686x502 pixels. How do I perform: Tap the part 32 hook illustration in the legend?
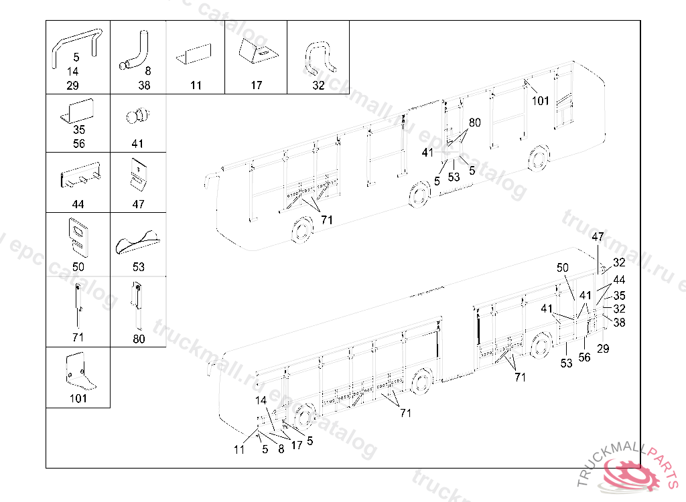pyautogui.click(x=320, y=58)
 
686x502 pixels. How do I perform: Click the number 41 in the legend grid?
pyautogui.click(x=138, y=144)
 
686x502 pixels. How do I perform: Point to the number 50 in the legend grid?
pyautogui.click(x=78, y=266)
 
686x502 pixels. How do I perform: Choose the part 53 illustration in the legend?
pyautogui.click(x=137, y=242)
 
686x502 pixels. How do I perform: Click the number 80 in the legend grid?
pyautogui.click(x=139, y=339)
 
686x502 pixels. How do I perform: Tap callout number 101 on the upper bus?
pyautogui.click(x=541, y=101)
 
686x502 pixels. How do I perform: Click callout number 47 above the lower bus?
pyautogui.click(x=598, y=237)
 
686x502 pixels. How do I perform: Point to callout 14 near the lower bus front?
pyautogui.click(x=261, y=400)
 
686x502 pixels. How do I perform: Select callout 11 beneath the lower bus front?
pyautogui.click(x=239, y=450)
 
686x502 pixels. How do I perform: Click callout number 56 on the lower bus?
pyautogui.click(x=585, y=357)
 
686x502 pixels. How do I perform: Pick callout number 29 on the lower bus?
pyautogui.click(x=603, y=349)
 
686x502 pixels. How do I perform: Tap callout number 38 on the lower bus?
pyautogui.click(x=619, y=322)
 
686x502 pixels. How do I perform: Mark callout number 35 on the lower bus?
pyautogui.click(x=619, y=295)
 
